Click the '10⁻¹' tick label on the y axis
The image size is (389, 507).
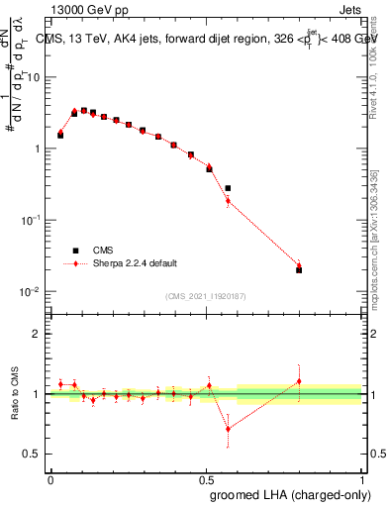[x=34, y=220]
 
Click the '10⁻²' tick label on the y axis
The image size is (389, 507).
[x=34, y=291]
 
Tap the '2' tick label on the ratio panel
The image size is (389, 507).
[x=37, y=334]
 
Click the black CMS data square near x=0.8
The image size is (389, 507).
[x=299, y=269]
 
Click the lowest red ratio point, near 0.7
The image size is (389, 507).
[x=228, y=429]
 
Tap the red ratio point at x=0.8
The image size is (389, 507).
[x=299, y=381]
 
